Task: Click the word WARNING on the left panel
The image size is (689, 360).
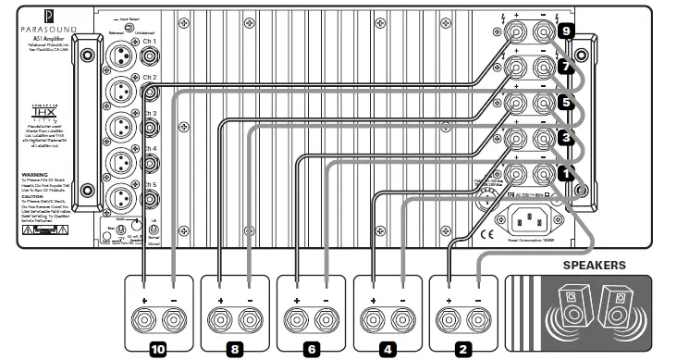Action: click(34, 173)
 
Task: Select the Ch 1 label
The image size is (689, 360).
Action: click(150, 42)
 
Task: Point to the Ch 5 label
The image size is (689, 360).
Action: click(150, 184)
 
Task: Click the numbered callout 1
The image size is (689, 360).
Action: click(567, 172)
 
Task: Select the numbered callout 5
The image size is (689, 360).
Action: click(567, 103)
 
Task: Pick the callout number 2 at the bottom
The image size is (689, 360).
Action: click(463, 350)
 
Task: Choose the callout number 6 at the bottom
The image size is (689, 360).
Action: click(311, 350)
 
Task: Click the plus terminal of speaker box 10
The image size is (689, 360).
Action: click(143, 321)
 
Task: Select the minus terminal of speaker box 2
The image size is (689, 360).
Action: click(478, 321)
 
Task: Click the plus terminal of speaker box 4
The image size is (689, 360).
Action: click(373, 321)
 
